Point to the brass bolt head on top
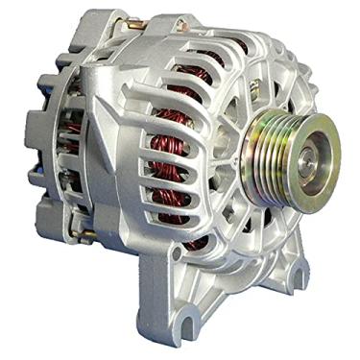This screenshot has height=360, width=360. click(x=133, y=22)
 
